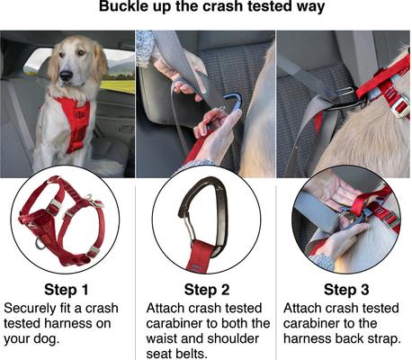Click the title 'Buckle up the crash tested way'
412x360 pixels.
pos(206,12)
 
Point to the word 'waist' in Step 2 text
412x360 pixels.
pos(166,339)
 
